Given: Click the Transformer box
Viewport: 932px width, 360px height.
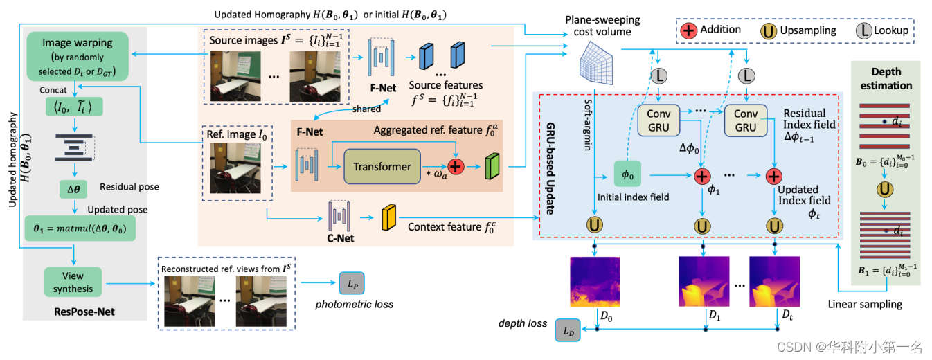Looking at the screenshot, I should tap(382, 166).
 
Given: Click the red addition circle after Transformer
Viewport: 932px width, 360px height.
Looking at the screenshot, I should tap(456, 167).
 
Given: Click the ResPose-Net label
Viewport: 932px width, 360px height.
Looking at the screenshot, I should tap(84, 312).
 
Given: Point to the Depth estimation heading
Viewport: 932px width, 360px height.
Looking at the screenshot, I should tap(891, 80).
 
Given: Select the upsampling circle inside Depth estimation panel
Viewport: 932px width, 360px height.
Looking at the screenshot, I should tap(884, 188).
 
